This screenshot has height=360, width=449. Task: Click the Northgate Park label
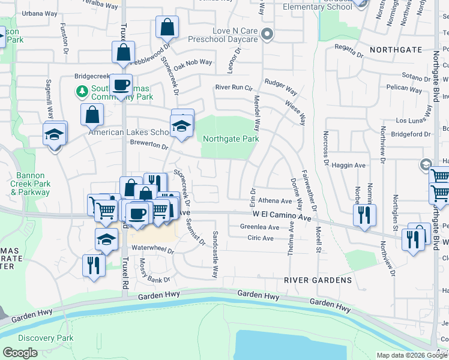(x=231, y=139)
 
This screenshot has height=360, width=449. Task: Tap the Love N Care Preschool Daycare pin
(x=268, y=35)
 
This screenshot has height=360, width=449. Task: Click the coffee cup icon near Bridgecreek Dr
(x=121, y=85)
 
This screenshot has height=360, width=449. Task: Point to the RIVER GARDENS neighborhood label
(x=318, y=280)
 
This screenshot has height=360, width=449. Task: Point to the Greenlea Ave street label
(x=259, y=227)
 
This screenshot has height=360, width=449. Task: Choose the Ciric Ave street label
(x=260, y=238)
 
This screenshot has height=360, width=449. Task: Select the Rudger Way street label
(x=281, y=87)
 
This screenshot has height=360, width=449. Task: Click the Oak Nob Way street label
(x=193, y=62)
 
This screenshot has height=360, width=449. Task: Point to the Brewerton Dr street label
(x=149, y=145)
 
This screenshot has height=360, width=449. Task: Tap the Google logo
(x=20, y=353)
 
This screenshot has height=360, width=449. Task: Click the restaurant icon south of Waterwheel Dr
(x=93, y=265)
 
